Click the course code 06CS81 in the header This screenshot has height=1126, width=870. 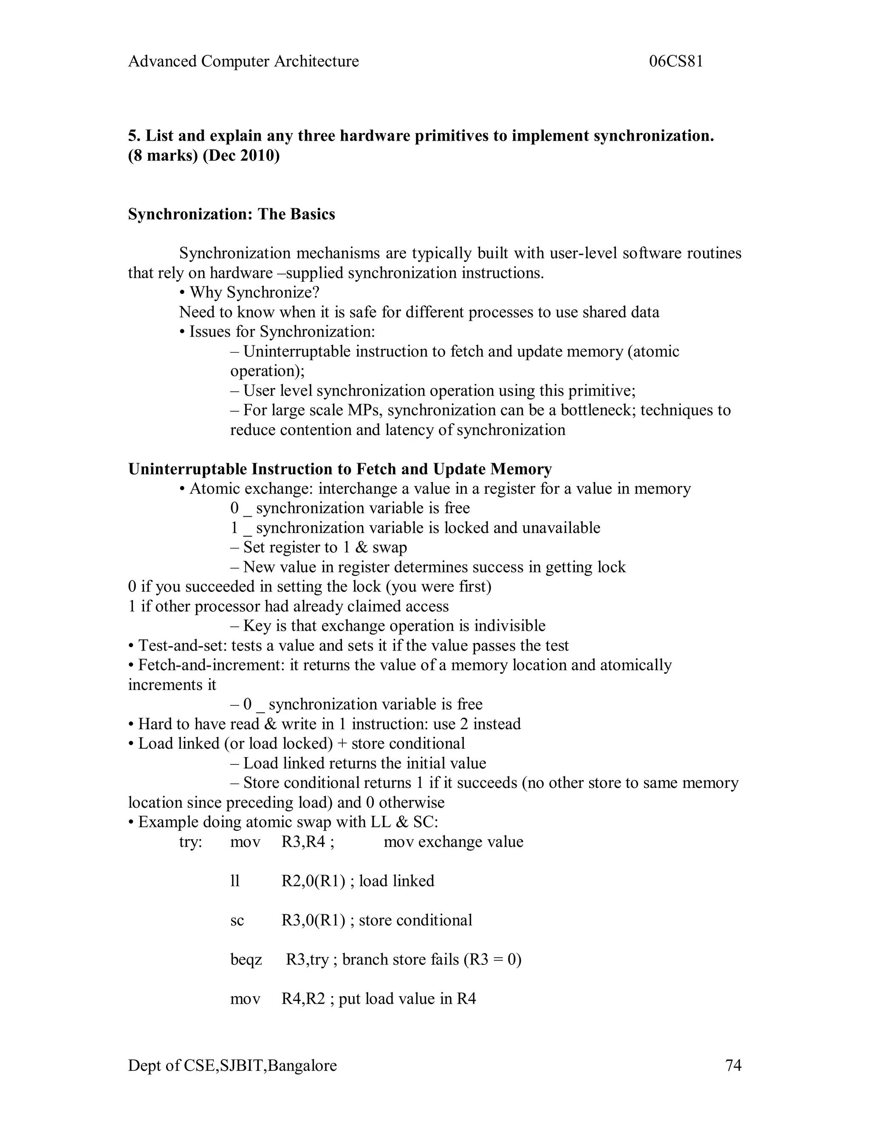(676, 61)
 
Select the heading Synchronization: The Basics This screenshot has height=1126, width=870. (232, 214)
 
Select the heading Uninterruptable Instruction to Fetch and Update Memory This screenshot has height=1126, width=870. (340, 469)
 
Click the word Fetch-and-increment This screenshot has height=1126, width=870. (211, 665)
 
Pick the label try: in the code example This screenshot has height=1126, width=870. (191, 842)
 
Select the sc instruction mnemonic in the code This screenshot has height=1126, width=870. (237, 920)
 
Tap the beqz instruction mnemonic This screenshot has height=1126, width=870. (246, 959)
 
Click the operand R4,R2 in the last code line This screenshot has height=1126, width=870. (303, 999)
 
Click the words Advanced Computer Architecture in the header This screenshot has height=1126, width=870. (243, 61)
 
